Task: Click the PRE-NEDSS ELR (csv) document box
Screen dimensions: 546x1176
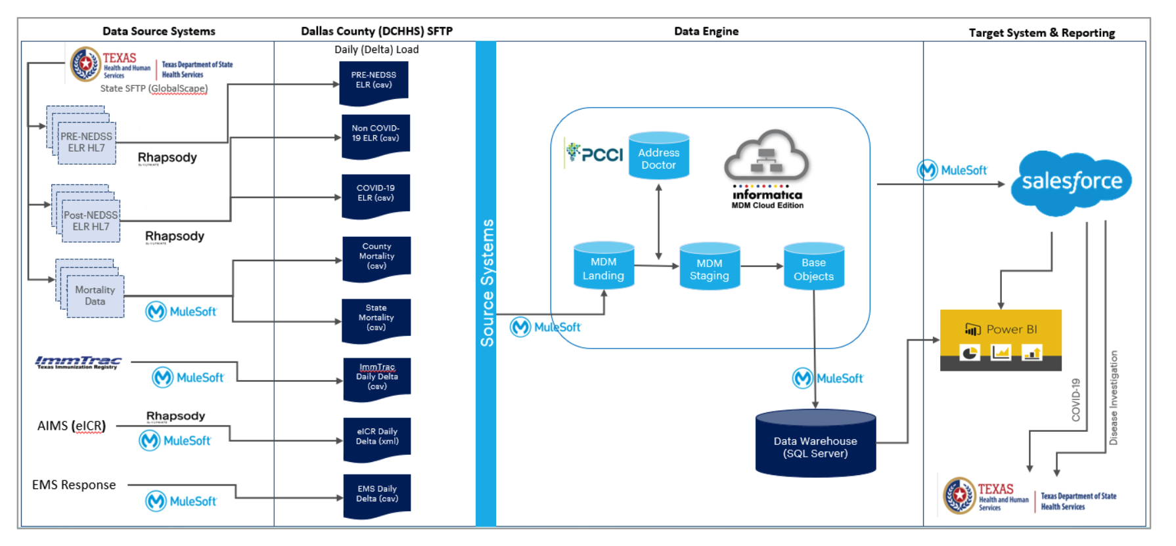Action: tap(374, 81)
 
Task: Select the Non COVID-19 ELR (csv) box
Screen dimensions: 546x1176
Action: tap(376, 135)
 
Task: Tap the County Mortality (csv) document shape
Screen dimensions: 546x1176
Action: tap(376, 257)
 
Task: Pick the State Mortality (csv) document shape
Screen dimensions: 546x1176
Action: tap(376, 319)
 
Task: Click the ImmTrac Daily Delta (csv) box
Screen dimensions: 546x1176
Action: tap(377, 378)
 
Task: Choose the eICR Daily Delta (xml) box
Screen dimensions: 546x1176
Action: tap(377, 438)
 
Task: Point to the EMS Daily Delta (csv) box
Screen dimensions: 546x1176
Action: tap(377, 495)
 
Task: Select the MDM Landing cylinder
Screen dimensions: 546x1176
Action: tap(604, 266)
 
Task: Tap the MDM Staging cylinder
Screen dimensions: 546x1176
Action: tap(710, 266)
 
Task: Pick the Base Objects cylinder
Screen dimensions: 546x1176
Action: tap(814, 266)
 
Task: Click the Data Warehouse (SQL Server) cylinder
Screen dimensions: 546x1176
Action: tap(815, 444)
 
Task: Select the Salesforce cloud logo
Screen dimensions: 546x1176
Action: tap(1072, 182)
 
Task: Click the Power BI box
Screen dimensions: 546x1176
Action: tap(1001, 340)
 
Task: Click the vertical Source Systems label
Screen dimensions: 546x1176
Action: tap(487, 283)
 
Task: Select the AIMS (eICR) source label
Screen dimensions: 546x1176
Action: tap(72, 426)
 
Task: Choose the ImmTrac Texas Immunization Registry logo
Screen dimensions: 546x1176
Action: tap(78, 362)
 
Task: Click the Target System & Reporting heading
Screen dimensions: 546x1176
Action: tap(1041, 33)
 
